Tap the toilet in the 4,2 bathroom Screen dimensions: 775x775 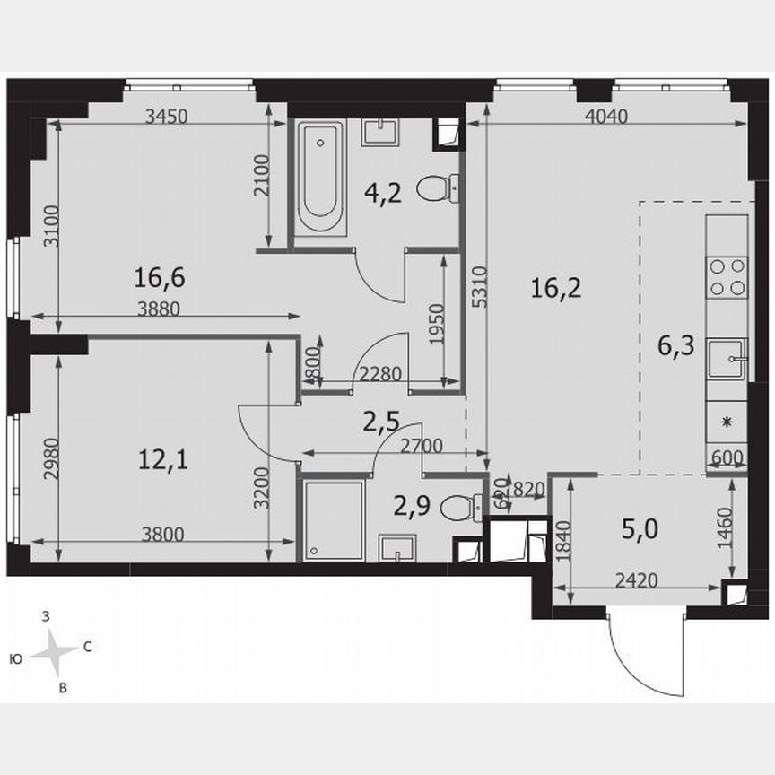tap(440, 189)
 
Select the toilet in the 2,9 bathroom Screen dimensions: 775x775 tap(466, 508)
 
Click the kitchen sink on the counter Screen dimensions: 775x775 tap(727, 361)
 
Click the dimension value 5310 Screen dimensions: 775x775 tap(483, 287)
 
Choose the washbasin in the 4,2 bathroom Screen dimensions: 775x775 tap(380, 133)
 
